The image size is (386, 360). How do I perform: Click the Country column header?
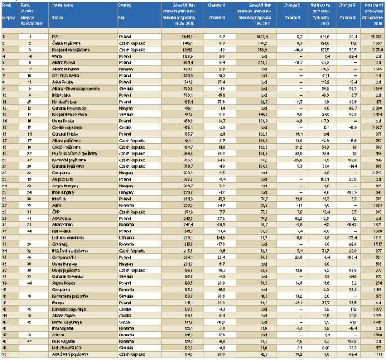[x=125, y=4]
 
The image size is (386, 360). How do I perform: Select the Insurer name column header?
[x=62, y=4]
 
